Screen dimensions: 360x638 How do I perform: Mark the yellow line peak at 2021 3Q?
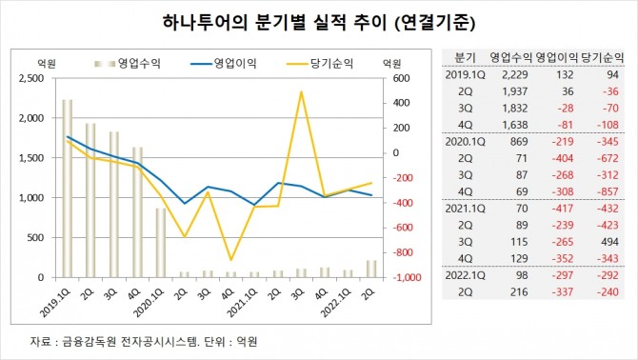(301, 92)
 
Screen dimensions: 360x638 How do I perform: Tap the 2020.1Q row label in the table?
(465, 142)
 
